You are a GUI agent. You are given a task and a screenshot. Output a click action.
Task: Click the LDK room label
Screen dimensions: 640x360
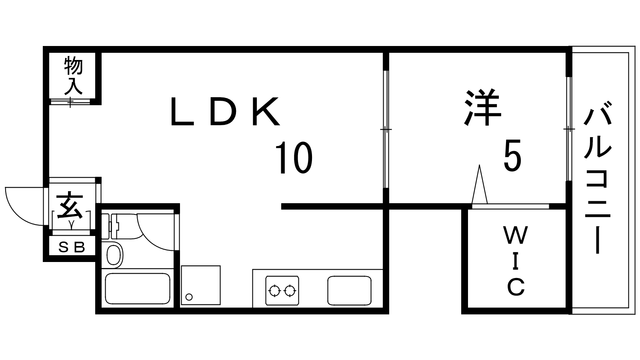click(225, 111)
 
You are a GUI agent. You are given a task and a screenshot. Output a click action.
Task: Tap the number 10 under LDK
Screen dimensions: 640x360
click(294, 158)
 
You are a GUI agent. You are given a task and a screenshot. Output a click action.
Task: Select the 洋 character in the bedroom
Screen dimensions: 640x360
click(482, 108)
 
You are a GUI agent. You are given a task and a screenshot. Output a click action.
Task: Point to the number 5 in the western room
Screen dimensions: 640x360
click(512, 156)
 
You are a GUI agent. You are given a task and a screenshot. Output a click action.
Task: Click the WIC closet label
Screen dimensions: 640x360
click(516, 261)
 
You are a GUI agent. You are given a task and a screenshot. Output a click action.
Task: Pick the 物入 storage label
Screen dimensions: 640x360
click(74, 76)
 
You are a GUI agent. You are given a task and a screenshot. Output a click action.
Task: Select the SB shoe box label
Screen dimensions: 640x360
click(72, 248)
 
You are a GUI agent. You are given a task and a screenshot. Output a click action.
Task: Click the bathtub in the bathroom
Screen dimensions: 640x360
click(138, 288)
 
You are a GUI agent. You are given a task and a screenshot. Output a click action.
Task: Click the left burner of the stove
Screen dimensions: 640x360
click(275, 291)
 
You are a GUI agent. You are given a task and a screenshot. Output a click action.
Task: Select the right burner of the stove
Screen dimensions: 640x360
click(290, 291)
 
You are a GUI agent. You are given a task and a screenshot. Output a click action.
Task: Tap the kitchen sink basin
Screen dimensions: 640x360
click(350, 290)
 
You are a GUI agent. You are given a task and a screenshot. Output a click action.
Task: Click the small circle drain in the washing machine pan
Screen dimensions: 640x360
click(189, 297)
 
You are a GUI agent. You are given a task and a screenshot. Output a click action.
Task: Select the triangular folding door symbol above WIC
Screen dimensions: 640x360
click(480, 184)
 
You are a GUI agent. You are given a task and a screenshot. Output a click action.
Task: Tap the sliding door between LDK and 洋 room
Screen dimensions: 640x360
click(386, 129)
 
